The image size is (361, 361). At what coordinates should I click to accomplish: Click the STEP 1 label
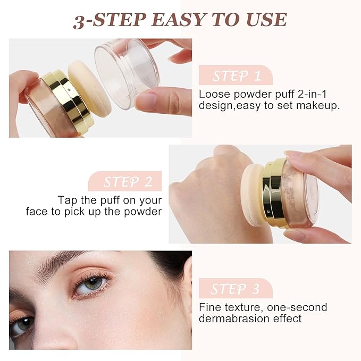tap(236, 75)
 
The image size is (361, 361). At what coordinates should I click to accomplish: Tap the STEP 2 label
tap(128, 182)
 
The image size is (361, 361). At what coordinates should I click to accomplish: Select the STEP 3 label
tap(235, 289)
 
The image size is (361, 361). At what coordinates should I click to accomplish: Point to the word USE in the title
tap(266, 19)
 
